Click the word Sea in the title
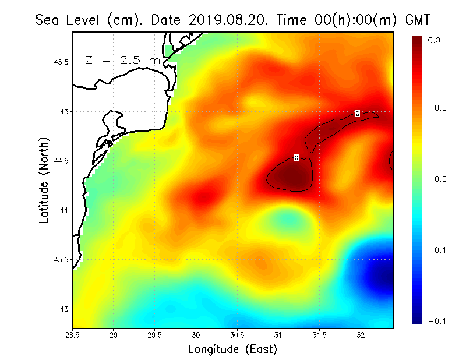click(48, 20)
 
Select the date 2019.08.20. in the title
click(227, 20)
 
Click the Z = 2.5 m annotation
click(122, 60)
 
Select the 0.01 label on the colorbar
click(436, 40)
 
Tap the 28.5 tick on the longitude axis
click(73, 335)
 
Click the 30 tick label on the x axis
click(196, 335)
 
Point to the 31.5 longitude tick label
click(320, 335)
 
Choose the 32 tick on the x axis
click(361, 335)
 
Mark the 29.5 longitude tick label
click(155, 335)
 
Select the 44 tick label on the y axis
click(64, 210)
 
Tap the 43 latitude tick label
click(64, 309)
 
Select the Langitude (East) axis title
click(232, 350)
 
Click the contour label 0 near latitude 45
click(357, 113)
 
